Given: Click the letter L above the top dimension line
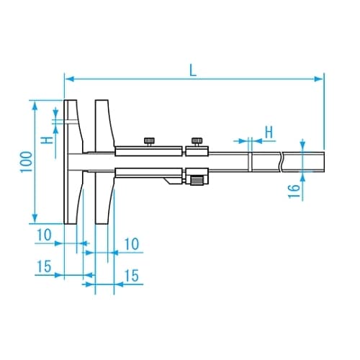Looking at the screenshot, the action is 193,70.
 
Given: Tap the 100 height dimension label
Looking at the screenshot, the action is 27,162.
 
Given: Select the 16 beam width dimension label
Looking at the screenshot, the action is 294,191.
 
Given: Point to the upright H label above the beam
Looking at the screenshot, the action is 269,132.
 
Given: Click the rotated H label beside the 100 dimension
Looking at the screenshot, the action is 47,140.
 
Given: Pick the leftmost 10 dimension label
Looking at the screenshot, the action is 44,235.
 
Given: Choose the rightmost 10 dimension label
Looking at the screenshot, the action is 132,244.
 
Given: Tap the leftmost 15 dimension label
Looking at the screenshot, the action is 44,266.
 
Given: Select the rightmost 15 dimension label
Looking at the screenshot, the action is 132,276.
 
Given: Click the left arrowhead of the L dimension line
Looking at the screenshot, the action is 70,78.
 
